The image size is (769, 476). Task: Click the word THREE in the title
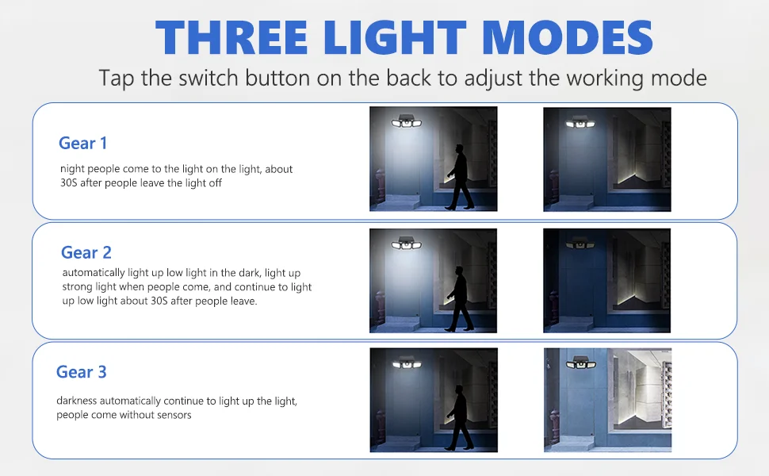coord(231,38)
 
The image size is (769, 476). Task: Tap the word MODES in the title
coord(568,38)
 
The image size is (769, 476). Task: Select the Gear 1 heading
coord(83,144)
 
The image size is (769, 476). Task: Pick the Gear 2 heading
coord(86,253)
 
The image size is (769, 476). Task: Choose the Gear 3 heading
coord(82,372)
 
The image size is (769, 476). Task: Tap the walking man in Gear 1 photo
coord(460,177)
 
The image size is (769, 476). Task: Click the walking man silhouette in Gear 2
coord(460,299)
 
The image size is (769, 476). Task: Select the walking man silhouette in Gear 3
coord(460,417)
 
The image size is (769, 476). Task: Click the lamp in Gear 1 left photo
coord(407,121)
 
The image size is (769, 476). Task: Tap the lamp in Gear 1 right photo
coord(580,122)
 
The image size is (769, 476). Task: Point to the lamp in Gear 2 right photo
coord(580,244)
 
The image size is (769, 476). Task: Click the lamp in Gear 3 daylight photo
coord(580,363)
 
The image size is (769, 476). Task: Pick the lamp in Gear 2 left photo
coord(407,243)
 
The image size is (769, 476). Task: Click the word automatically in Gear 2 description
coord(94,273)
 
